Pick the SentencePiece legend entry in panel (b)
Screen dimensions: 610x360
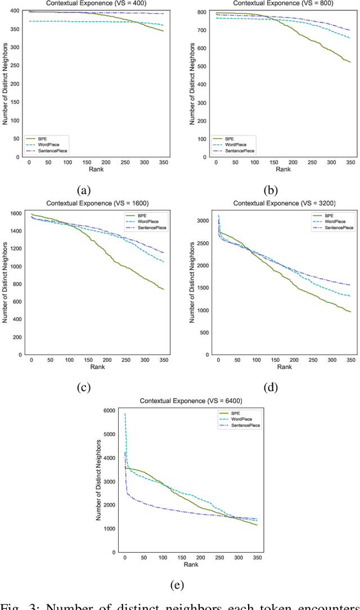click(x=240, y=151)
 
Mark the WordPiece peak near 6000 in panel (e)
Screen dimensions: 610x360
click(x=125, y=414)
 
